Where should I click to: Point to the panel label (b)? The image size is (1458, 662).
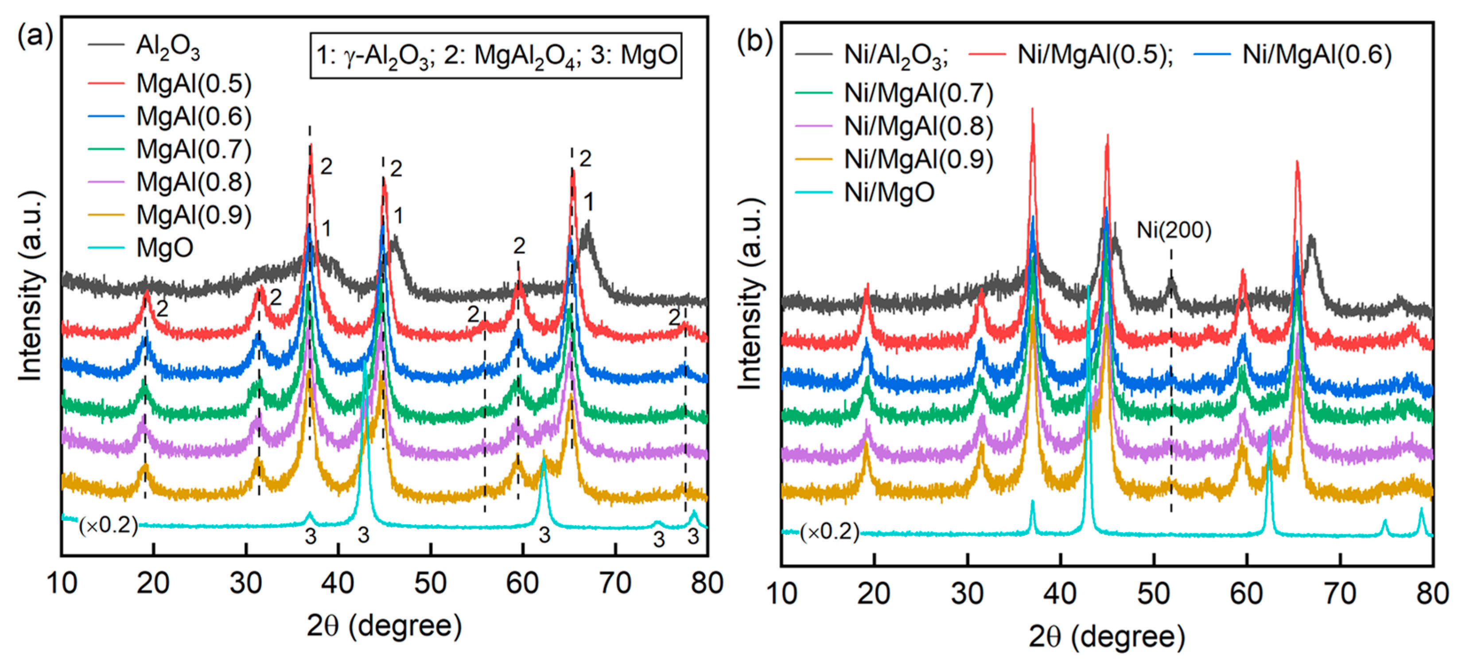tap(754, 41)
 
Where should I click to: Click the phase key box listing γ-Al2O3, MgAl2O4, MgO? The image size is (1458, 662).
tap(496, 55)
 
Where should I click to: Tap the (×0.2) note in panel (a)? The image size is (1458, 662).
tap(108, 525)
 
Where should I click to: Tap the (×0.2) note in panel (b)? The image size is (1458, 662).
tap(829, 531)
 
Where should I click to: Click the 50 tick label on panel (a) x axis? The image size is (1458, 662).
tap(430, 583)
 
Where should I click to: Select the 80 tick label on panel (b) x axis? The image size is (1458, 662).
tap(1432, 593)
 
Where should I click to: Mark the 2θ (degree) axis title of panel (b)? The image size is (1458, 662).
tap(1107, 637)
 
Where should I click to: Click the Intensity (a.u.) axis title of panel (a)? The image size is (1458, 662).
tap(31, 286)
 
